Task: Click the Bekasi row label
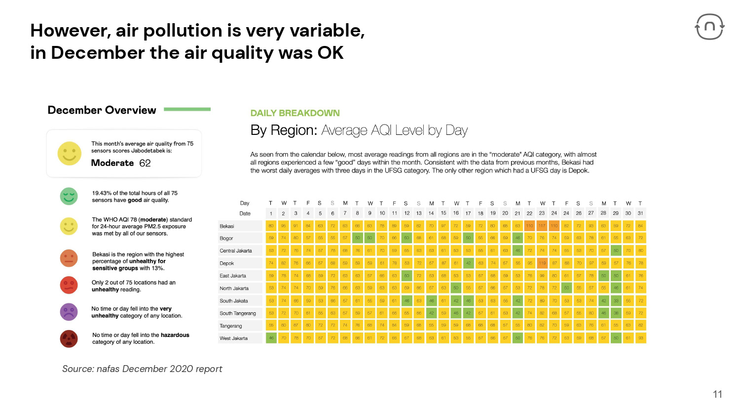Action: (227, 226)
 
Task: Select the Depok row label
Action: (227, 263)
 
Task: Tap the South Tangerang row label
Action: (238, 313)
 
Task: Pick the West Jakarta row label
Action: (233, 338)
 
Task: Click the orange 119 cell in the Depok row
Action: (542, 263)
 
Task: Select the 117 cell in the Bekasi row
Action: (542, 226)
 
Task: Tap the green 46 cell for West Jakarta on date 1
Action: (271, 338)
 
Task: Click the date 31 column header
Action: (640, 213)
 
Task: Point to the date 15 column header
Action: (444, 213)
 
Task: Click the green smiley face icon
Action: (69, 196)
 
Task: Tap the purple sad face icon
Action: (69, 312)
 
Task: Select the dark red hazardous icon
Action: (69, 338)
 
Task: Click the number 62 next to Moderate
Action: (145, 163)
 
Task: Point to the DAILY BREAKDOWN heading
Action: (295, 113)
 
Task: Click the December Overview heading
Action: (102, 110)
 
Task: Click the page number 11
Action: (717, 394)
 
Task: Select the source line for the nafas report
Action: (142, 369)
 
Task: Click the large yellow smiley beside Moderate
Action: (70, 153)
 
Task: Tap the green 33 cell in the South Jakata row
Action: (615, 301)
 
